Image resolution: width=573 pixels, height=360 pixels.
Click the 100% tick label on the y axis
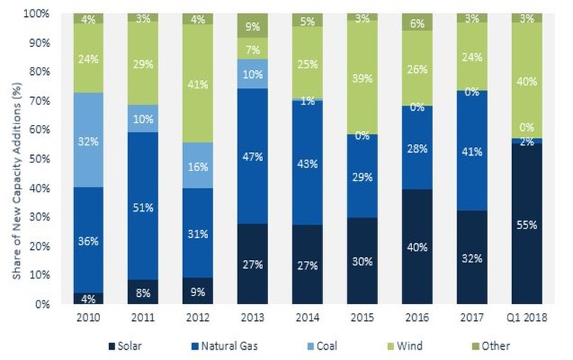pyautogui.click(x=37, y=14)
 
